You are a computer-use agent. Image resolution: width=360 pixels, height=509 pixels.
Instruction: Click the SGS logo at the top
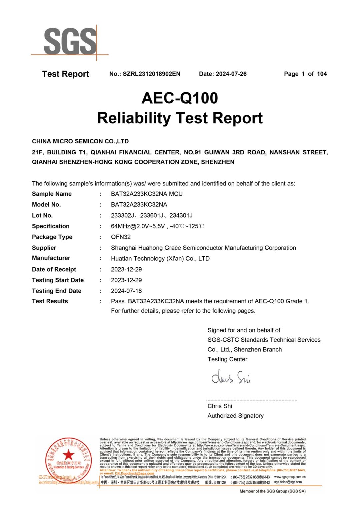(70, 42)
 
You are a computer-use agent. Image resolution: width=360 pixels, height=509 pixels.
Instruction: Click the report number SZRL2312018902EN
(151, 74)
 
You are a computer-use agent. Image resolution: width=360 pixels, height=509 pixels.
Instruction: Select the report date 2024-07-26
(231, 74)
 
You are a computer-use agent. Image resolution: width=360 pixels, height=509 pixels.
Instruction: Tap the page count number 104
(322, 74)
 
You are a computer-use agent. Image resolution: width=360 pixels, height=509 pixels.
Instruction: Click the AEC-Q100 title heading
(180, 98)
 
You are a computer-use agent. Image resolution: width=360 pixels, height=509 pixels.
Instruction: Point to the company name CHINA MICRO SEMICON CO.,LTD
(80, 141)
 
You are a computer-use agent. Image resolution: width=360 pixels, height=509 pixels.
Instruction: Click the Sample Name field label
(52, 194)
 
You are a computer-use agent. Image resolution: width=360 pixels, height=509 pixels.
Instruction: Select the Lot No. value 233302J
(122, 216)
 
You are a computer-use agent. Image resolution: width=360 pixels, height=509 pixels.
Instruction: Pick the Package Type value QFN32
(121, 237)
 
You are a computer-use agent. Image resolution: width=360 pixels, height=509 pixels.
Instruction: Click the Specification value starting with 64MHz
(157, 226)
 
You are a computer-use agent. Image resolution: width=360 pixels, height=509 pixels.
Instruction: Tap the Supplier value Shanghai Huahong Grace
(203, 248)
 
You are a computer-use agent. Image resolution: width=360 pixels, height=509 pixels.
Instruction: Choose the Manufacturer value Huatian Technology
(160, 259)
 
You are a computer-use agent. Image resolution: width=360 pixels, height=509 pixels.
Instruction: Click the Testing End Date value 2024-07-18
(126, 291)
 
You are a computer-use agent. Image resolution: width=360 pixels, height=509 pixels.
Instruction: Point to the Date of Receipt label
(54, 269)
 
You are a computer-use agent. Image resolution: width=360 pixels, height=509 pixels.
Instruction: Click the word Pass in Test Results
(118, 301)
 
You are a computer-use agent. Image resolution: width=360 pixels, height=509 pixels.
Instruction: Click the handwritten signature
(231, 377)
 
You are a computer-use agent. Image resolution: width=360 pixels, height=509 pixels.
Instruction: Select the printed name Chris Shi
(220, 406)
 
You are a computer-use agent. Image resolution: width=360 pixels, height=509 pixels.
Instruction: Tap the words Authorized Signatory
(235, 416)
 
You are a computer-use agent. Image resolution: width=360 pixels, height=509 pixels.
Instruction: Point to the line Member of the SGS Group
(272, 491)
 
